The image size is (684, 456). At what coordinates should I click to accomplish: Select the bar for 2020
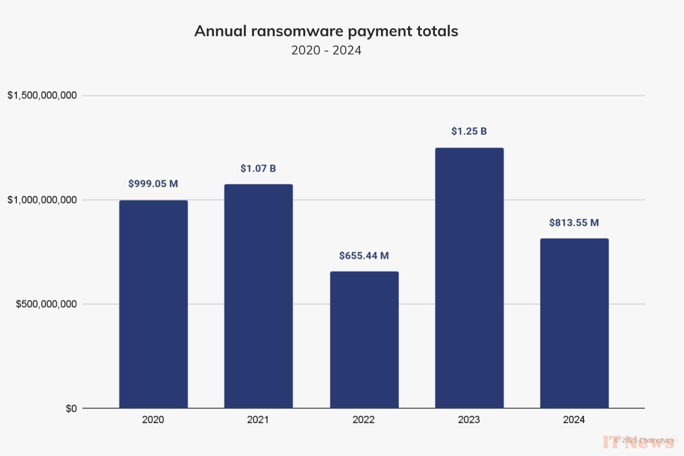pos(153,304)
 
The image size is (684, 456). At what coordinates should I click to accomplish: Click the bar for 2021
pos(258,296)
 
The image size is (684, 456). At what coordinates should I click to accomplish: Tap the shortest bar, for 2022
pos(364,340)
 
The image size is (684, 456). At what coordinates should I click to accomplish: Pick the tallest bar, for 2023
pos(469,278)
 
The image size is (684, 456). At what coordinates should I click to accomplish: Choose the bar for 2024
pos(574,323)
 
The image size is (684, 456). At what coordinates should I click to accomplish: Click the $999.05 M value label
pos(153,184)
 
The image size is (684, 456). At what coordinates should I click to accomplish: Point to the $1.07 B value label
pos(258,169)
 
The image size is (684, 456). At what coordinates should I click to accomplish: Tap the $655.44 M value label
pos(364,256)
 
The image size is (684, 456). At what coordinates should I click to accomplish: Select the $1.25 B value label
pos(469,131)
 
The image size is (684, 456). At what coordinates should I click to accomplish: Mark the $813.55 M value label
pos(574,223)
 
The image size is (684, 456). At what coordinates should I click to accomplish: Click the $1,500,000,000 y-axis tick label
pos(42,95)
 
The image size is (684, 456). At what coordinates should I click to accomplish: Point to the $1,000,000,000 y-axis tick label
pos(42,200)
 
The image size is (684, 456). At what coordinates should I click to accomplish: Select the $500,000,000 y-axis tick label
pos(46,304)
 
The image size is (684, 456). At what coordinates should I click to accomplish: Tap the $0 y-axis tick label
pos(71,409)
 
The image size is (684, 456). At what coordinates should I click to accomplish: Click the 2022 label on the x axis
pos(363,420)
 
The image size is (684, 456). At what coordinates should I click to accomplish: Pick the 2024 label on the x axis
pos(574,420)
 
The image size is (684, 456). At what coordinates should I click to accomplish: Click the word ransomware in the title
pos(297,31)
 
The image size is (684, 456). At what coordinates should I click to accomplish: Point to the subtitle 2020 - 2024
pos(326,50)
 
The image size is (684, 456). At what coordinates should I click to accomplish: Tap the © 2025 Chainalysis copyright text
pos(644,440)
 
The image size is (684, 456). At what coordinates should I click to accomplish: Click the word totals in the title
pos(437,31)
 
